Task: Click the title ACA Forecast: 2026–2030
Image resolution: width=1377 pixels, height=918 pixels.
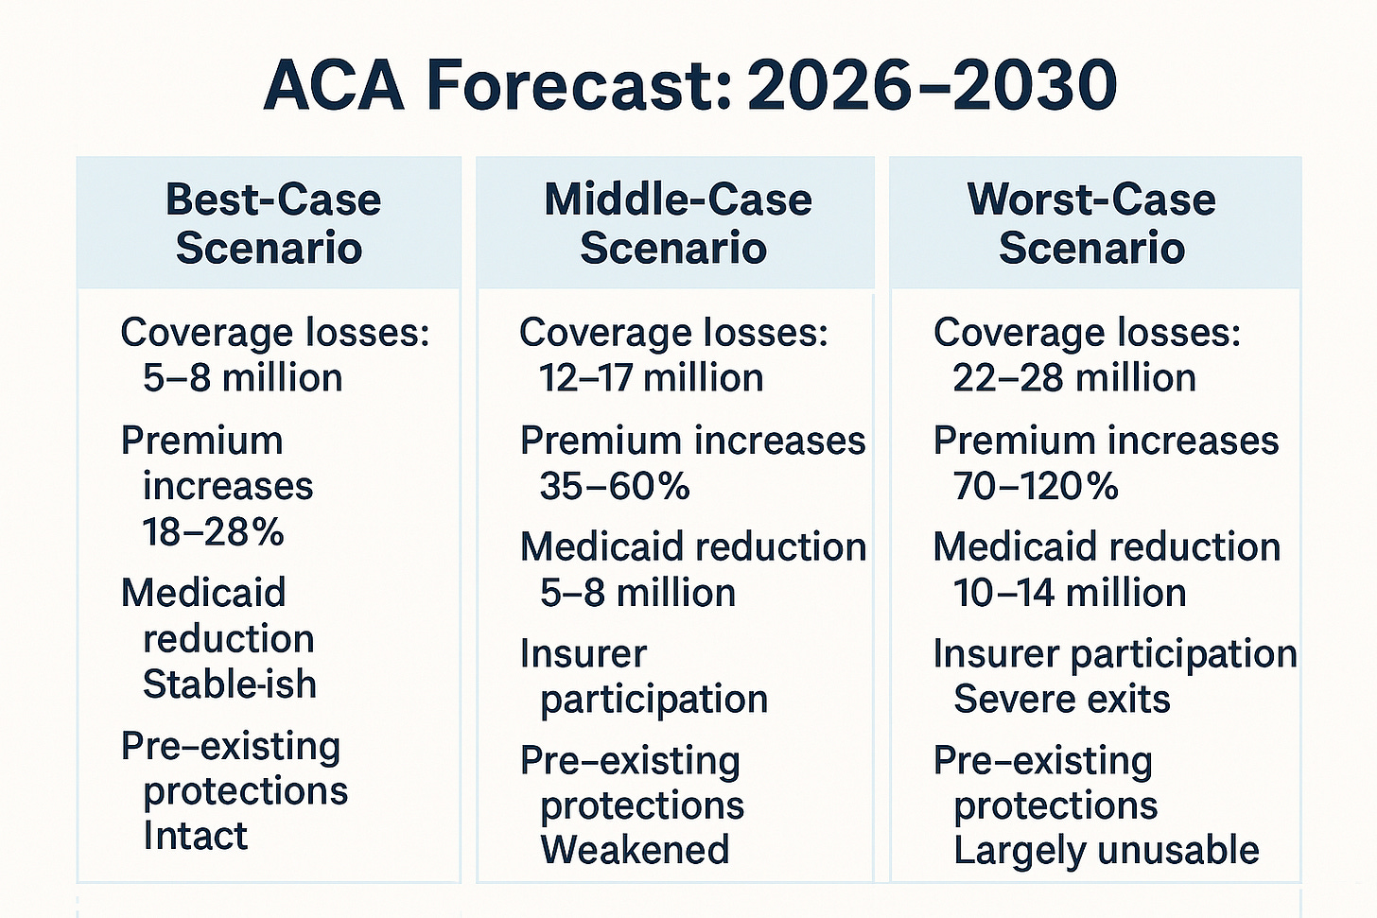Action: click(x=688, y=85)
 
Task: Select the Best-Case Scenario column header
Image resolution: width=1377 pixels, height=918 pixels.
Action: click(x=272, y=223)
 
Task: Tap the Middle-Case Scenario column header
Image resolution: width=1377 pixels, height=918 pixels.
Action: click(x=676, y=223)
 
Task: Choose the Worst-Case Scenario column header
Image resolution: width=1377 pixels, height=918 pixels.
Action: click(x=1091, y=223)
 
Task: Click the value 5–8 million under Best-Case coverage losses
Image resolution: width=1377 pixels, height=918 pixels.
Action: click(x=242, y=378)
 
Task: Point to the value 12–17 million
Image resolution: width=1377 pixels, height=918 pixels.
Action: click(x=651, y=378)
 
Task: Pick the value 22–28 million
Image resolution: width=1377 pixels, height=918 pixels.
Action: click(x=1073, y=378)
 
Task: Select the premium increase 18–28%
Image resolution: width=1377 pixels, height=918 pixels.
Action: click(x=213, y=532)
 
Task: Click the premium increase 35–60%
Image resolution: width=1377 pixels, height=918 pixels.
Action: click(x=615, y=487)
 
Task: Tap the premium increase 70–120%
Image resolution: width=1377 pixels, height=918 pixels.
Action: click(x=1036, y=487)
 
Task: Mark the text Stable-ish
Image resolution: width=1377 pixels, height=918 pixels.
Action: click(x=229, y=684)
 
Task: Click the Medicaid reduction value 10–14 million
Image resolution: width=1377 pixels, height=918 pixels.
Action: click(x=1069, y=594)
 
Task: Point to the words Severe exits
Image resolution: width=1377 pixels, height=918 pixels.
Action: click(x=1061, y=700)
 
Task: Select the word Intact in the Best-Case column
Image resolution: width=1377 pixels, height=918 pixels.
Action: click(x=195, y=836)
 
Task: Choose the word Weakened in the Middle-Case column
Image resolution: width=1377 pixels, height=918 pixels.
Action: click(x=635, y=850)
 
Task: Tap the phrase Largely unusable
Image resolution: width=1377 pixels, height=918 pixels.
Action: click(x=1106, y=850)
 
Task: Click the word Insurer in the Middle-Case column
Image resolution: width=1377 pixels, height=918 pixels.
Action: click(x=583, y=654)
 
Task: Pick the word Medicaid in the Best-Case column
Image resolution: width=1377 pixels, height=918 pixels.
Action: click(x=202, y=594)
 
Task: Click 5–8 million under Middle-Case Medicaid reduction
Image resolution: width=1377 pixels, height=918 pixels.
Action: click(x=637, y=594)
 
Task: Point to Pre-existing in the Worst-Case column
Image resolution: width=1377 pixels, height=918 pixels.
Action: click(x=1042, y=761)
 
